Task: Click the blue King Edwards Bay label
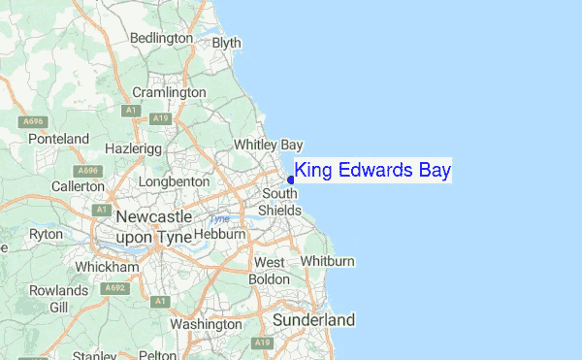[372, 172]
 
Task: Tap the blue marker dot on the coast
[291, 180]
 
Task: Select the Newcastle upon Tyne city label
[153, 226]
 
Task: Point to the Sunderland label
[313, 319]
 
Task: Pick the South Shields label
[280, 203]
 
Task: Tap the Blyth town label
[227, 43]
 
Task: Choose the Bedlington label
[161, 38]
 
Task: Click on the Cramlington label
[170, 92]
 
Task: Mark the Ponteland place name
[58, 139]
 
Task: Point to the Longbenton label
[174, 181]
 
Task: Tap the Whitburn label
[328, 261]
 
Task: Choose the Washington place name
[205, 324]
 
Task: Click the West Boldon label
[271, 271]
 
